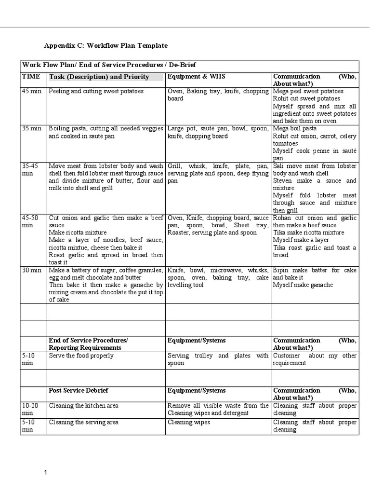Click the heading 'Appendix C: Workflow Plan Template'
pyautogui.click(x=106, y=45)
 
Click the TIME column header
pyautogui.click(x=30, y=77)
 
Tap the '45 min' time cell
pyautogui.click(x=32, y=91)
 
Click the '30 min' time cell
pyautogui.click(x=32, y=270)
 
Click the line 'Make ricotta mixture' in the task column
pyautogui.click(x=78, y=233)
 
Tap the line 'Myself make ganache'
pyautogui.click(x=303, y=285)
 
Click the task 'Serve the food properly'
pyautogui.click(x=81, y=356)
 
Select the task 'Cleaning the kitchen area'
pyautogui.click(x=83, y=406)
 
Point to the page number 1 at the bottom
pyautogui.click(x=46, y=473)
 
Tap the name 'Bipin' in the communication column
pyautogui.click(x=281, y=270)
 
